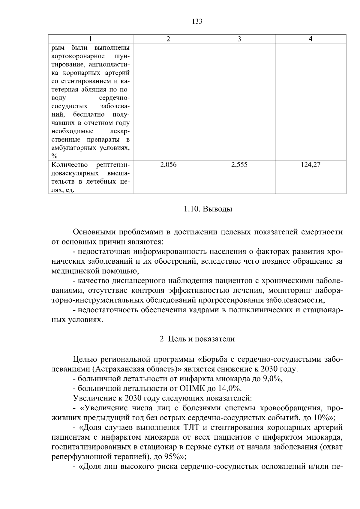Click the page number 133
[197, 21]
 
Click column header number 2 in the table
[168, 39]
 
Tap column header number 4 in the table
[310, 39]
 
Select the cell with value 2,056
[168, 165]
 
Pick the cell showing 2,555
[239, 165]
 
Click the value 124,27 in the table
[310, 165]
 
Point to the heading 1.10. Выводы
[208, 209]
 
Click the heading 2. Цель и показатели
[197, 339]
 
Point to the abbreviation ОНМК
[192, 389]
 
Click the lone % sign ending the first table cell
[54, 156]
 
